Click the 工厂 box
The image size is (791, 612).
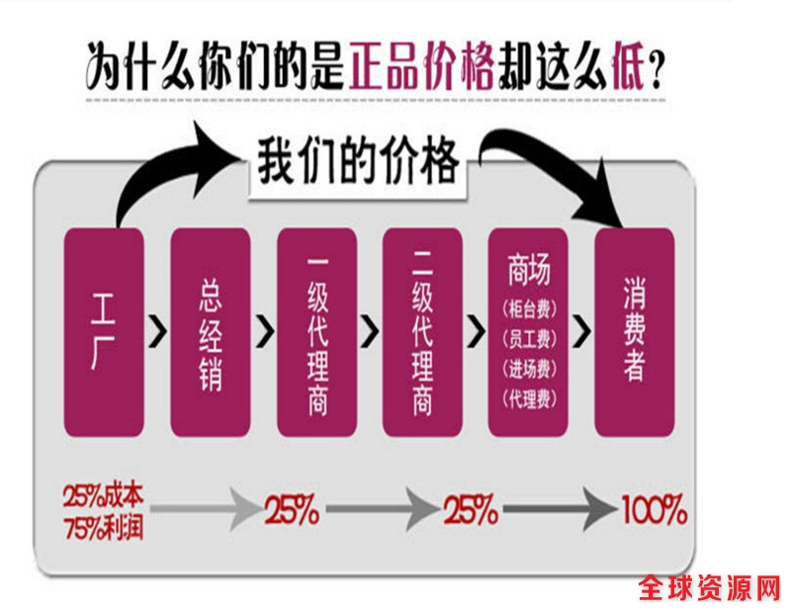104,332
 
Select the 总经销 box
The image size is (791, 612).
210,332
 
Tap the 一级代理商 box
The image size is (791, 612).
316,332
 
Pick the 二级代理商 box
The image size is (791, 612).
422,332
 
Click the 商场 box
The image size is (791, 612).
529,332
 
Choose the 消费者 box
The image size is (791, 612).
635,332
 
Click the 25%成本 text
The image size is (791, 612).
105,494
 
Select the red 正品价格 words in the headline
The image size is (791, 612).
420,68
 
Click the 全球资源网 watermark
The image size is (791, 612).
710,590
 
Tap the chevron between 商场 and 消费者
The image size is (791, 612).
582,331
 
